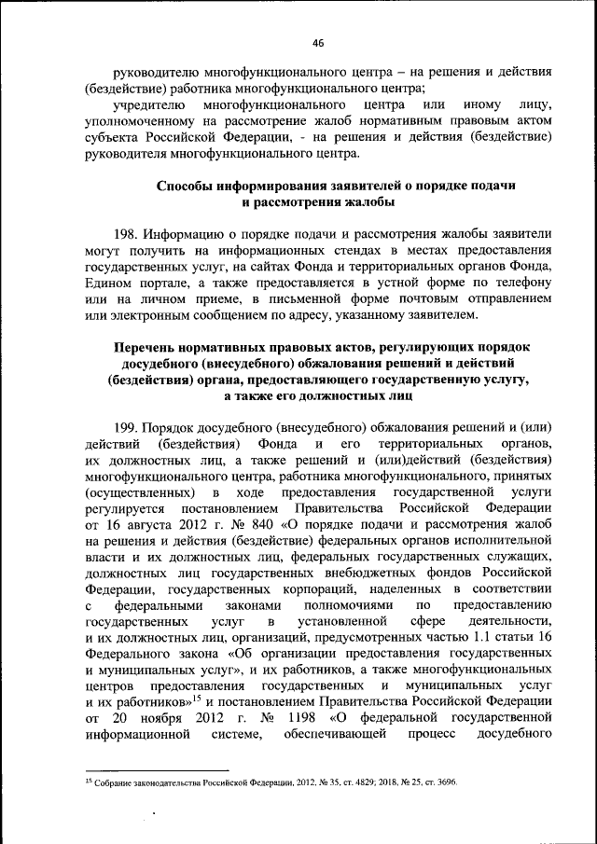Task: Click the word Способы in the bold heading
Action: (185, 186)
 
